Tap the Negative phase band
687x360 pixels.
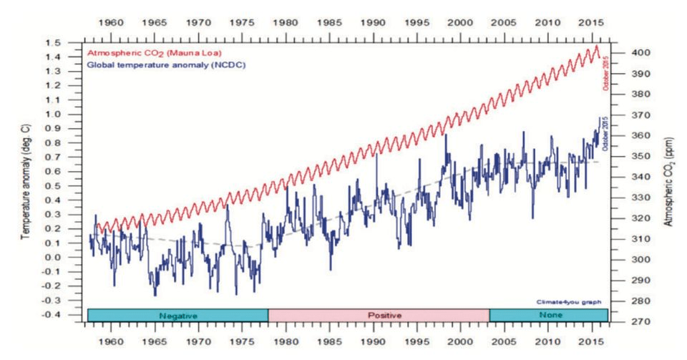click(x=177, y=315)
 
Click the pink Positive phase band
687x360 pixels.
click(x=379, y=315)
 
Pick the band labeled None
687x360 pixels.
click(x=548, y=315)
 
